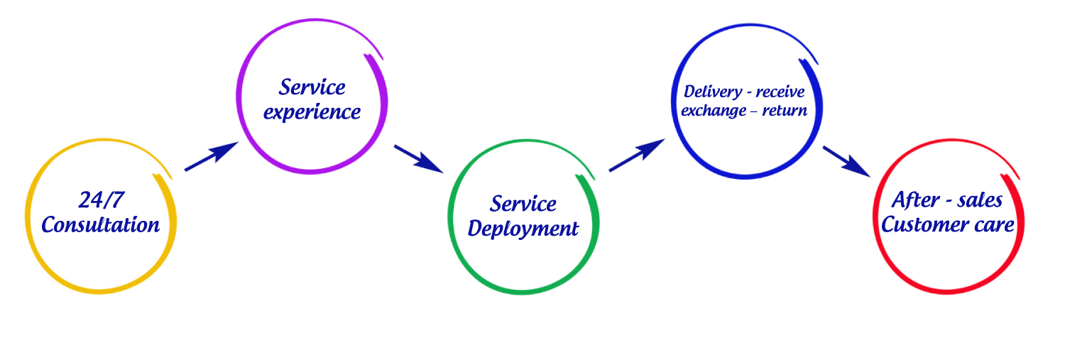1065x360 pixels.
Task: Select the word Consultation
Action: tap(100, 225)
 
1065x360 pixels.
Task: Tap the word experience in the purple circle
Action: tap(312, 112)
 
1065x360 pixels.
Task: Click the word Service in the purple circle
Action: tap(312, 87)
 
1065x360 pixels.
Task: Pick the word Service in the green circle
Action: tap(523, 204)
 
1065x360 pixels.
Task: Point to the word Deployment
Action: tap(523, 229)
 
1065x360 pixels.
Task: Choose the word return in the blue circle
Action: tap(785, 111)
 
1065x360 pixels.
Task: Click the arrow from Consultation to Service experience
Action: tap(211, 157)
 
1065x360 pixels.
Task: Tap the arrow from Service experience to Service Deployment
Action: tap(418, 158)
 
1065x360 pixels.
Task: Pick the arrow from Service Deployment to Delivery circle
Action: tap(636, 156)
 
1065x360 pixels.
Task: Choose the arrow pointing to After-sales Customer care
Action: tap(846, 161)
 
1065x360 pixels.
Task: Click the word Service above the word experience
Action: tap(312, 87)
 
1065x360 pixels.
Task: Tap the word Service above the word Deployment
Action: tap(523, 204)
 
